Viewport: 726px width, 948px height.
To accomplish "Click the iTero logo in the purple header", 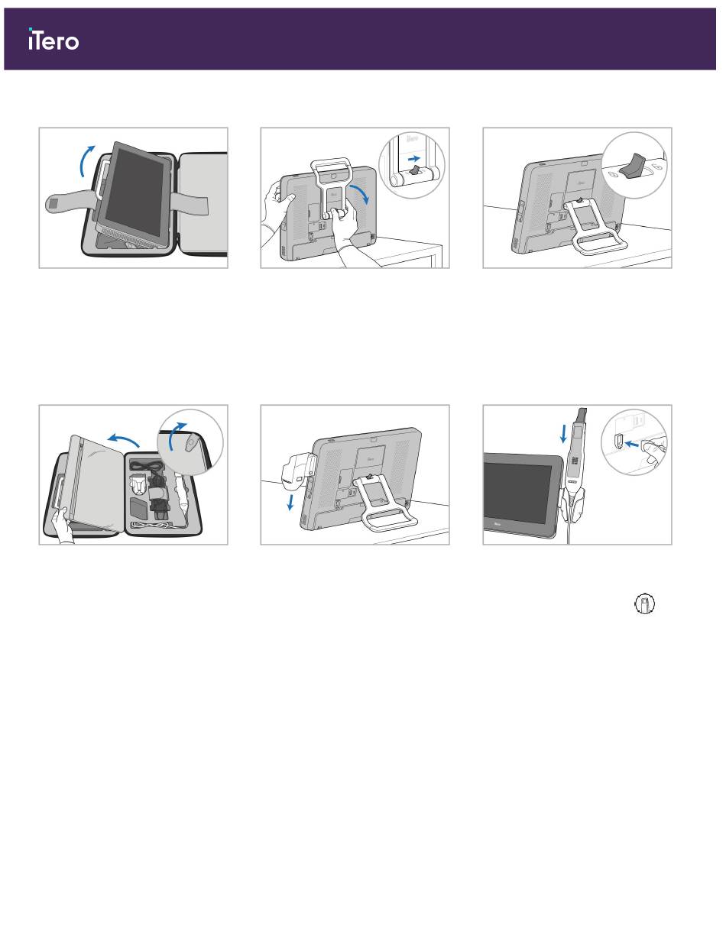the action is click(53, 39).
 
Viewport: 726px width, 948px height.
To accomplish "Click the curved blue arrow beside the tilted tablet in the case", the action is click(85, 160).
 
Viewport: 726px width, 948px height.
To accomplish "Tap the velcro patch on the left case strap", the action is click(53, 202).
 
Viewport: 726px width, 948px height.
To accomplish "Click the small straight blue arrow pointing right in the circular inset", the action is click(414, 158).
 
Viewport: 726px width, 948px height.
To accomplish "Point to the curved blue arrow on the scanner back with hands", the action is click(361, 193).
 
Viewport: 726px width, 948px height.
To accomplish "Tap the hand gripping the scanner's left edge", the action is click(279, 203).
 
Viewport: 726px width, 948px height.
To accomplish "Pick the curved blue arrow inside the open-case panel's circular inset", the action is click(176, 436).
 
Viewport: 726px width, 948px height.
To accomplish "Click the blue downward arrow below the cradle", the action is click(290, 503).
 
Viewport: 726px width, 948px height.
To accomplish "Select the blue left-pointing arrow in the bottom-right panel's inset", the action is click(632, 444).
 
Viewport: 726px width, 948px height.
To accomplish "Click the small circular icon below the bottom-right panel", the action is click(644, 604).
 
